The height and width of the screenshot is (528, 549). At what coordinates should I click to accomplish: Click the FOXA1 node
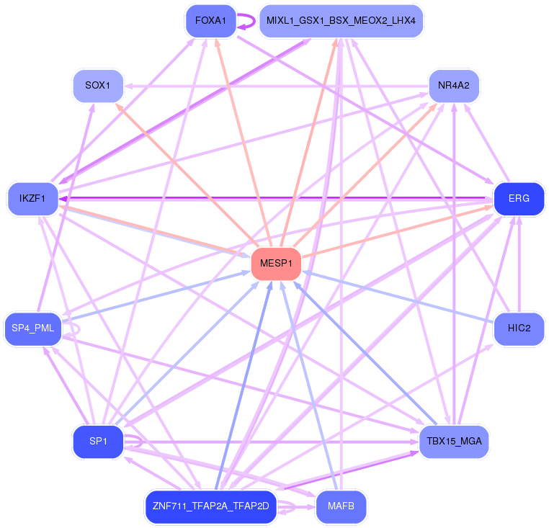click(211, 21)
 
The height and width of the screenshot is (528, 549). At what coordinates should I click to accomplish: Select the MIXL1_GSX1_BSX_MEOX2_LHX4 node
click(341, 21)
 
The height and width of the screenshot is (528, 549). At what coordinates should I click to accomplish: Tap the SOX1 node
click(98, 86)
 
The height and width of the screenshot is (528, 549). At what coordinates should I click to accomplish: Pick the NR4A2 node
click(454, 86)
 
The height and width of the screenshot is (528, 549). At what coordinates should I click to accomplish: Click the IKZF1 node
click(32, 199)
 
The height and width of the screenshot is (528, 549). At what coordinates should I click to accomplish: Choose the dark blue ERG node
click(519, 199)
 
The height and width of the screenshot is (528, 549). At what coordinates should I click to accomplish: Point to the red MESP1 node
click(276, 264)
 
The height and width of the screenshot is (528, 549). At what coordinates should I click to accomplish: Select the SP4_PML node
click(33, 328)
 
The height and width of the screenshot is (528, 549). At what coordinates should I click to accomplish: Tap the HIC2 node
click(519, 328)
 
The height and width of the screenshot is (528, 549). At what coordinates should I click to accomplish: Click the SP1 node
click(98, 442)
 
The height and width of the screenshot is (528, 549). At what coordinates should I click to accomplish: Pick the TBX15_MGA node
click(454, 442)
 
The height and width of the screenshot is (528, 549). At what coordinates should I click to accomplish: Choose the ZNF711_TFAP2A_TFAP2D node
click(211, 506)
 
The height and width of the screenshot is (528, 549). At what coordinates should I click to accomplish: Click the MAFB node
click(341, 506)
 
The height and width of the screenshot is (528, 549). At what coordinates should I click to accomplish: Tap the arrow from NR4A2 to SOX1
click(277, 86)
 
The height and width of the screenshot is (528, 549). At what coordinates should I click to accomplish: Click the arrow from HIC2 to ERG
click(519, 264)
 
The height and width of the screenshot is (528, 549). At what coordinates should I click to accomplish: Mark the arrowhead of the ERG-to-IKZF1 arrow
click(63, 199)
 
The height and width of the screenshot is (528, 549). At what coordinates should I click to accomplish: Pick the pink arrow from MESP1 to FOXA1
click(244, 143)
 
